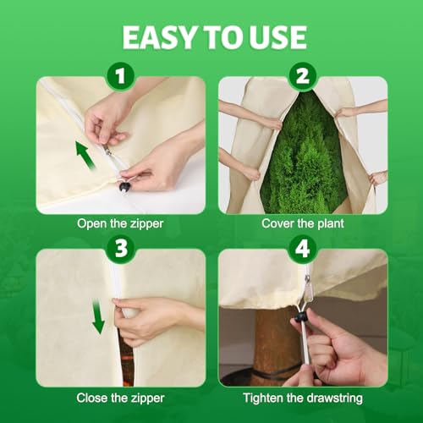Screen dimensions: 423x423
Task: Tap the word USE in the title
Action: point(277,37)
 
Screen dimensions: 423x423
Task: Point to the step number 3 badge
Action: point(121,249)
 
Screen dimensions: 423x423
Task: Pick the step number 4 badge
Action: point(303,249)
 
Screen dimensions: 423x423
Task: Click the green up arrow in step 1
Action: point(85,156)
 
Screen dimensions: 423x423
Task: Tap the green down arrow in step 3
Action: point(98,317)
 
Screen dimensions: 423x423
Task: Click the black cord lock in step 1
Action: point(124,187)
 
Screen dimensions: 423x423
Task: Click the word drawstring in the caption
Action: point(334,398)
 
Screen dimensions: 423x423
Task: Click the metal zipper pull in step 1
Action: point(108,151)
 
